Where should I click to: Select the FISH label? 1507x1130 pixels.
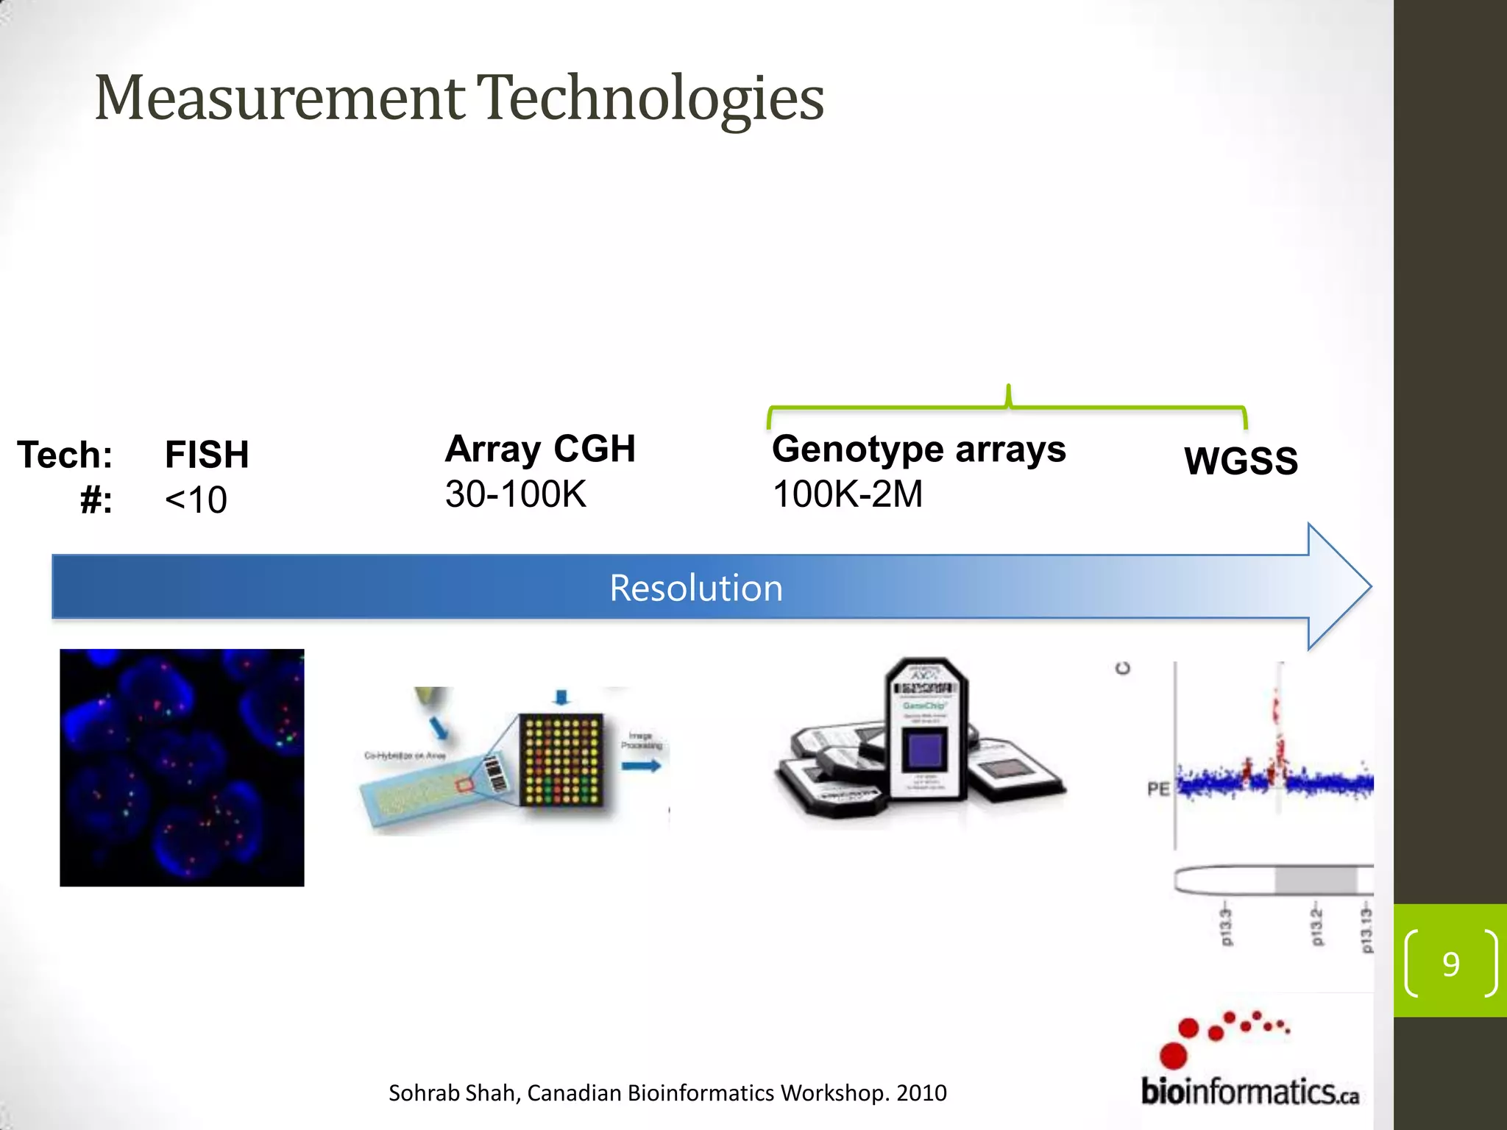click(207, 455)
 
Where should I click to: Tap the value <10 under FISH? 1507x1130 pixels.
click(196, 500)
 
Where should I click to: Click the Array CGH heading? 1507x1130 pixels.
click(540, 449)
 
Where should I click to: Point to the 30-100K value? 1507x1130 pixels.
click(515, 494)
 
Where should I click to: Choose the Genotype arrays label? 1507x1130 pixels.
click(918, 449)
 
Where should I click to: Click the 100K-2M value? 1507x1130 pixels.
click(847, 494)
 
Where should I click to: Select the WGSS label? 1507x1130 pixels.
click(1241, 461)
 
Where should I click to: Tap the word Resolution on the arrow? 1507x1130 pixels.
click(696, 588)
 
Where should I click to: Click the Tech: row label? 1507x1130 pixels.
click(65, 455)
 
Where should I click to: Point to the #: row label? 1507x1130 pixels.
click(96, 501)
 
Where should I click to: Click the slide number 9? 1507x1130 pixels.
click(1450, 964)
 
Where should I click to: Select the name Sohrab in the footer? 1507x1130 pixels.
click(416, 1093)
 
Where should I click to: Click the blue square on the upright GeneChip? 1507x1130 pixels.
click(924, 751)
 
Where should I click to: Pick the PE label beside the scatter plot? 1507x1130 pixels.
click(1158, 789)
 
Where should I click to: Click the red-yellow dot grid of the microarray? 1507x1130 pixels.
click(561, 760)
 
